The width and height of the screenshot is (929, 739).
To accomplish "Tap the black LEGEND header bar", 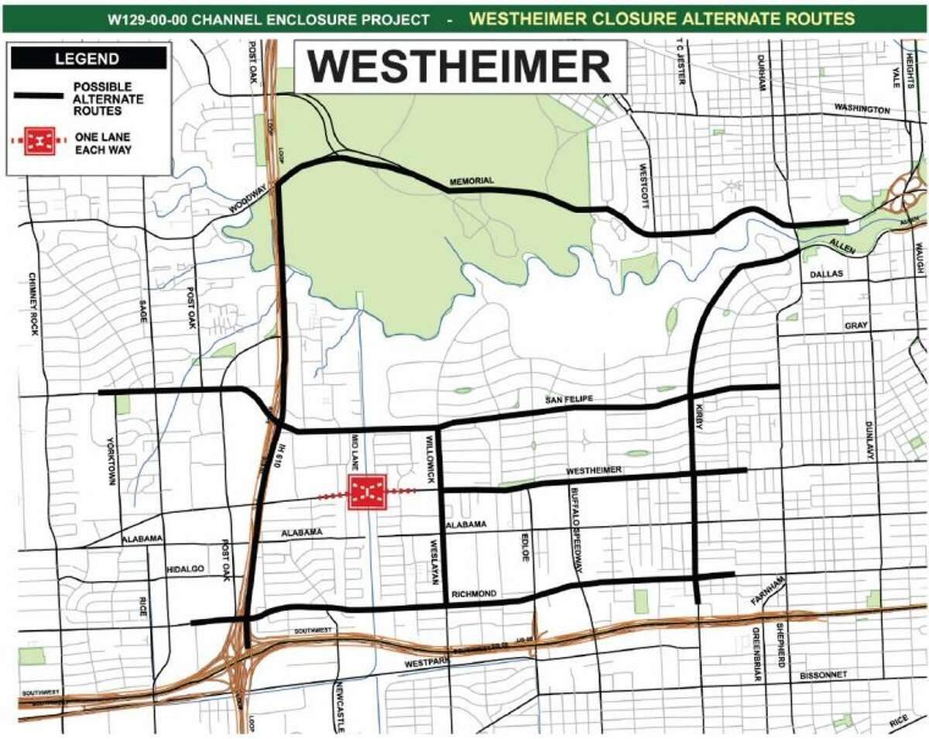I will tap(87, 59).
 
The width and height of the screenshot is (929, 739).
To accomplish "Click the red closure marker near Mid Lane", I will tap(367, 492).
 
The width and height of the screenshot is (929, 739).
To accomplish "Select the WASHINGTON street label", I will tap(862, 111).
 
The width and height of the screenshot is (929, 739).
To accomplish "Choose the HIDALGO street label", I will tap(184, 569).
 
